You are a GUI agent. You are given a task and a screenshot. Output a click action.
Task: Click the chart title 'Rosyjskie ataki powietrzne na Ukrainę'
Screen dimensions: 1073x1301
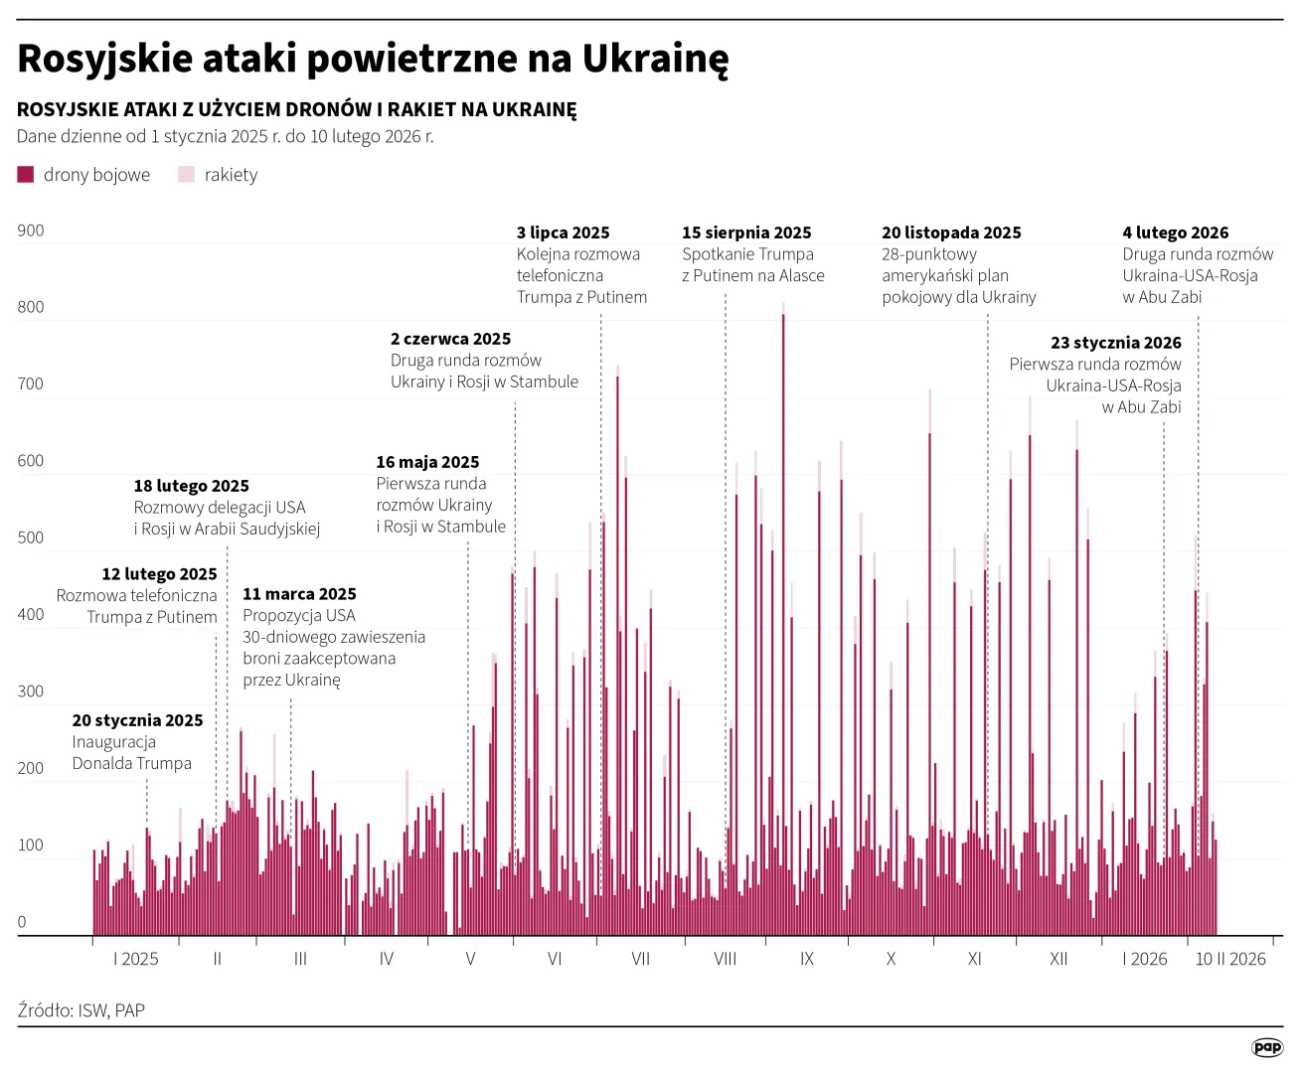[x=373, y=59]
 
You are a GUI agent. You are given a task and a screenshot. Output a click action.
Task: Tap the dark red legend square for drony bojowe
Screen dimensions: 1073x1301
[x=26, y=175]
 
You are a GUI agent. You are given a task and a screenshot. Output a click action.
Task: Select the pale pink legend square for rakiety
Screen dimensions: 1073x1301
[x=186, y=175]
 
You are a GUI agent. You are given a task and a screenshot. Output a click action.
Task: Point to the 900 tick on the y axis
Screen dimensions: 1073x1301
[x=31, y=230]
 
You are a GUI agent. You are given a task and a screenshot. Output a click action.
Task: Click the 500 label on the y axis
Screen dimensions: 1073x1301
[x=31, y=537]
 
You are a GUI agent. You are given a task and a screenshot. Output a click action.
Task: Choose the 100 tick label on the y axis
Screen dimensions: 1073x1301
[x=31, y=844]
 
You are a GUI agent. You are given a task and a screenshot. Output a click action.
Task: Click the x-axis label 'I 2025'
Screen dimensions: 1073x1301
[x=136, y=959]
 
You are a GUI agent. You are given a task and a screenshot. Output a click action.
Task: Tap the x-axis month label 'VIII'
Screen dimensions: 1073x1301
[x=725, y=959]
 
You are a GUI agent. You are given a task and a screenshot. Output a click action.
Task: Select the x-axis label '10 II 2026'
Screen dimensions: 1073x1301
[x=1230, y=959]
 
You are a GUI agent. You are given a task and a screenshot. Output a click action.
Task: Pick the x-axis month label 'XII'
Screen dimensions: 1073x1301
[x=1058, y=959]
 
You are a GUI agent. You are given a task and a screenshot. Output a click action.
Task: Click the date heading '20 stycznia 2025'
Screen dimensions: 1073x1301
[x=137, y=720]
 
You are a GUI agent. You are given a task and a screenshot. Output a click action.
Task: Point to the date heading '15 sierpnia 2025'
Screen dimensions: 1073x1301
[x=746, y=232]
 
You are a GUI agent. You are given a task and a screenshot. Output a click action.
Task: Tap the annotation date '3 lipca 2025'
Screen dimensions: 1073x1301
[x=563, y=232]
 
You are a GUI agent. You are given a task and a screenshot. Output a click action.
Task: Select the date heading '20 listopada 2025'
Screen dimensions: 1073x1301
[x=951, y=232]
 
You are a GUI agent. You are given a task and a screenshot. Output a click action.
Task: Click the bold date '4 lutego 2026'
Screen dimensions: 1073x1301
[x=1175, y=232]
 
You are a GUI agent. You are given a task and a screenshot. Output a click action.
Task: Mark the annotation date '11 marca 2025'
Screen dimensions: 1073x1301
[x=299, y=594]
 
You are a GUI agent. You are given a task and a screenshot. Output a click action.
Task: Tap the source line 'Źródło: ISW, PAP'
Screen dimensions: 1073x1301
[x=81, y=1010]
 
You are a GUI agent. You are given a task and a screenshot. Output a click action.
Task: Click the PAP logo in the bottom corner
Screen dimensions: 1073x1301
[x=1266, y=1047]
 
